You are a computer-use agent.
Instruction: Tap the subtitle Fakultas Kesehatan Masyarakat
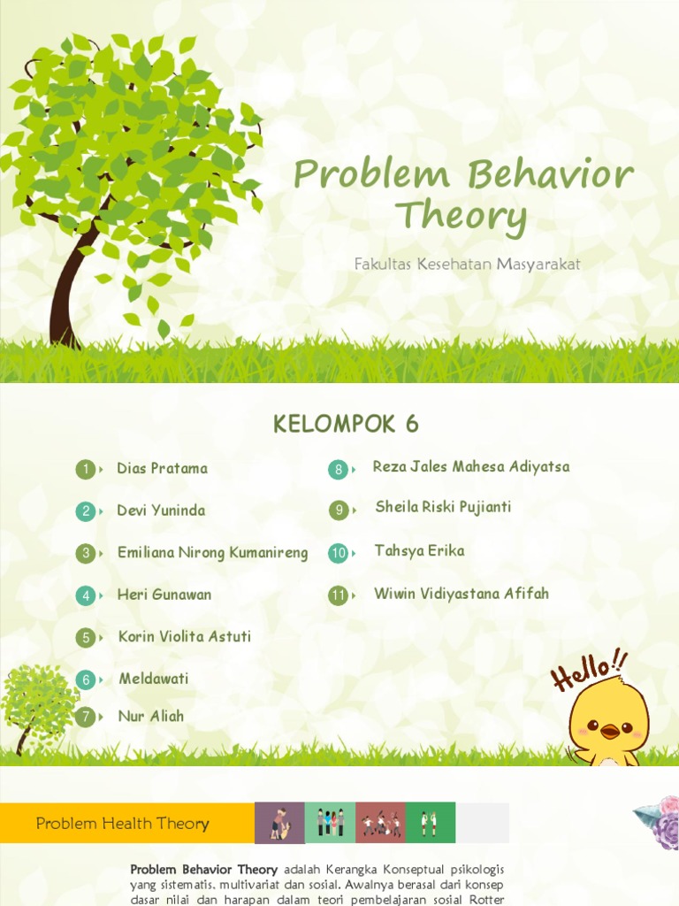coord(467,264)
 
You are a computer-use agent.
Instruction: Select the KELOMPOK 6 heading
coord(346,424)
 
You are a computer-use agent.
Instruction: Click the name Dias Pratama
coord(163,468)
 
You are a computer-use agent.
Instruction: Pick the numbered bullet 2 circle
coord(86,511)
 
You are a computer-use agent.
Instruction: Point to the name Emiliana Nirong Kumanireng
coord(212,553)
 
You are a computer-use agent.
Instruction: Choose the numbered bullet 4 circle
coord(86,595)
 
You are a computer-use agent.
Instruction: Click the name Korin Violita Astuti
coord(185,636)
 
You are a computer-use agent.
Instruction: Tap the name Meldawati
coord(154,679)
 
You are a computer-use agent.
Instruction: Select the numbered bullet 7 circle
coord(86,717)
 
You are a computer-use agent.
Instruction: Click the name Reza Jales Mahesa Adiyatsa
coord(471,466)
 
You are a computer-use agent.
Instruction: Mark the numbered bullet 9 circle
coord(339,511)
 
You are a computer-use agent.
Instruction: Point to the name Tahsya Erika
coord(419,550)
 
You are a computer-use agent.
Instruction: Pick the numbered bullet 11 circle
coord(339,595)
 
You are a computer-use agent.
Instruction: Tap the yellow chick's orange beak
coord(610,732)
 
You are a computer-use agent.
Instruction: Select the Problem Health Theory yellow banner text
coord(122,824)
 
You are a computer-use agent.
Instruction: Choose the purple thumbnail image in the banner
coord(279,823)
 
